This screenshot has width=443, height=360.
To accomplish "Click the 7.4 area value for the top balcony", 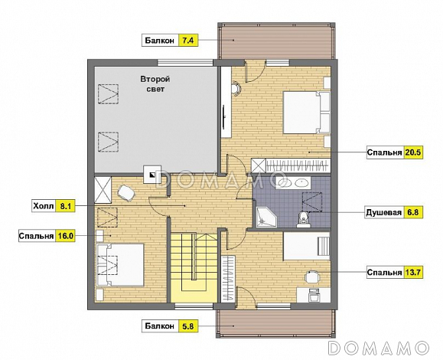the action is coord(188,41).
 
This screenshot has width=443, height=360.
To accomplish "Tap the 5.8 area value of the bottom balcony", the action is coord(188,326).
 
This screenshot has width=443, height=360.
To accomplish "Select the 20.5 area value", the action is coord(413,152).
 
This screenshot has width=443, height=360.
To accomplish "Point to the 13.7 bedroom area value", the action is coord(413,273).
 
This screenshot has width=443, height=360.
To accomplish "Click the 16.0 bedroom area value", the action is coord(66,236).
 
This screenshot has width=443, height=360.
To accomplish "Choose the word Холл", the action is coord(43,206).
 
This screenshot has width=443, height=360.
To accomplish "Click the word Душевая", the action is coord(383,212).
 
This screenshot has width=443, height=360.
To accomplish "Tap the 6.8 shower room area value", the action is coord(413,212).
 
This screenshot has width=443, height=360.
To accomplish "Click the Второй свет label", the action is coord(155,84).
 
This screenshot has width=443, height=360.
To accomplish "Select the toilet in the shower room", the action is coord(304,220).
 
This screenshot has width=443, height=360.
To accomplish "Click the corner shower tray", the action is coord(265,217).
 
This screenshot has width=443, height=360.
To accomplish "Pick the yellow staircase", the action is coord(194,267).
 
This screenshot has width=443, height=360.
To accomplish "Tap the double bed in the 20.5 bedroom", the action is coord(307,113).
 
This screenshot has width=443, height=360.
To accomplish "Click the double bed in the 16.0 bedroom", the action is coord(120,265).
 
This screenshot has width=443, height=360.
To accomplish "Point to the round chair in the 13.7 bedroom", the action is coord(312,277).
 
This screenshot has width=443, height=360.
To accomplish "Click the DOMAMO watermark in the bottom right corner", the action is coord(379,348).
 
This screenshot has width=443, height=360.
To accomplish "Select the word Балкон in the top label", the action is coord(160,41).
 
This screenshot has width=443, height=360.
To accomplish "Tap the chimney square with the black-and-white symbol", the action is coord(152,175).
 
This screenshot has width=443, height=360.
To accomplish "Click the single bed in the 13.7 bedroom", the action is coord(307,246).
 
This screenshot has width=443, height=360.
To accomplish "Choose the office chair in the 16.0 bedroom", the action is coord(125,193).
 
